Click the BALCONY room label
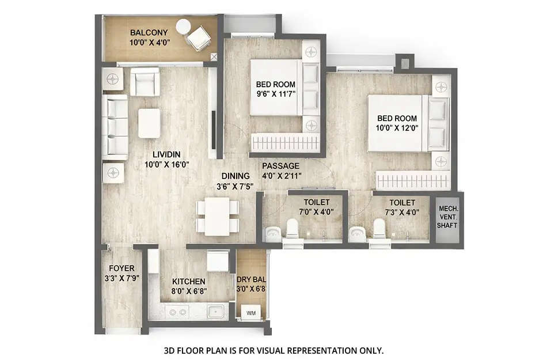(149, 33)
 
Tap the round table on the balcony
(183, 26)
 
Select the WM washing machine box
(251, 313)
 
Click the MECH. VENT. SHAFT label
(447, 217)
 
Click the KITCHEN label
(188, 282)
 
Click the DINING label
(235, 176)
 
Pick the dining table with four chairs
(218, 217)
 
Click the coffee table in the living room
(149, 123)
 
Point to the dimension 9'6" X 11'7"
(276, 94)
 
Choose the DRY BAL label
(251, 279)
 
